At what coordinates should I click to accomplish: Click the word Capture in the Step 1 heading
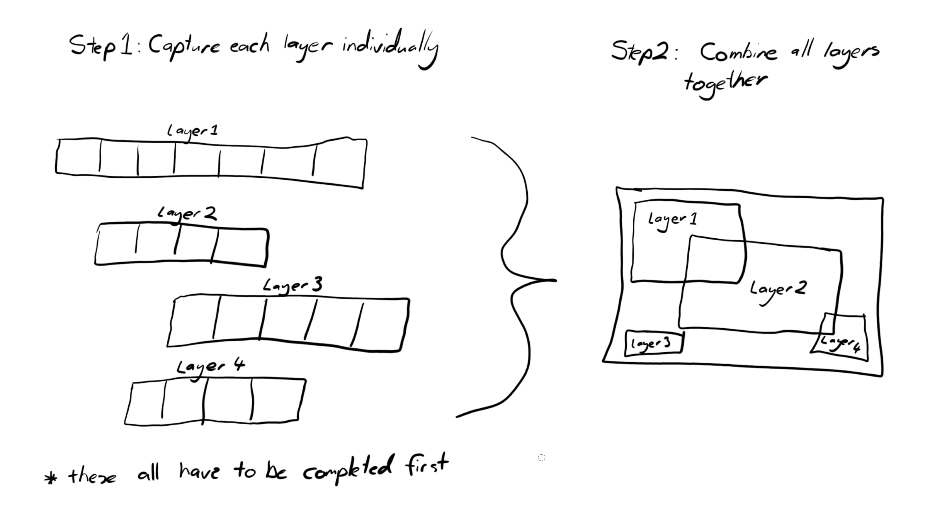[184, 47]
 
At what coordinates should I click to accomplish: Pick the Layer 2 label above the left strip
[187, 214]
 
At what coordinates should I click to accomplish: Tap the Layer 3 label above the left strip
[292, 286]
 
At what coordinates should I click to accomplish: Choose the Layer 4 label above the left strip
[211, 368]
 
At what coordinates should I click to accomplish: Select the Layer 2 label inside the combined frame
[778, 292]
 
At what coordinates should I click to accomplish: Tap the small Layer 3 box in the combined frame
[654, 343]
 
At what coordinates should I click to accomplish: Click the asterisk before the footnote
[51, 478]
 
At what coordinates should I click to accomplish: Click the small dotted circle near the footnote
[542, 458]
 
